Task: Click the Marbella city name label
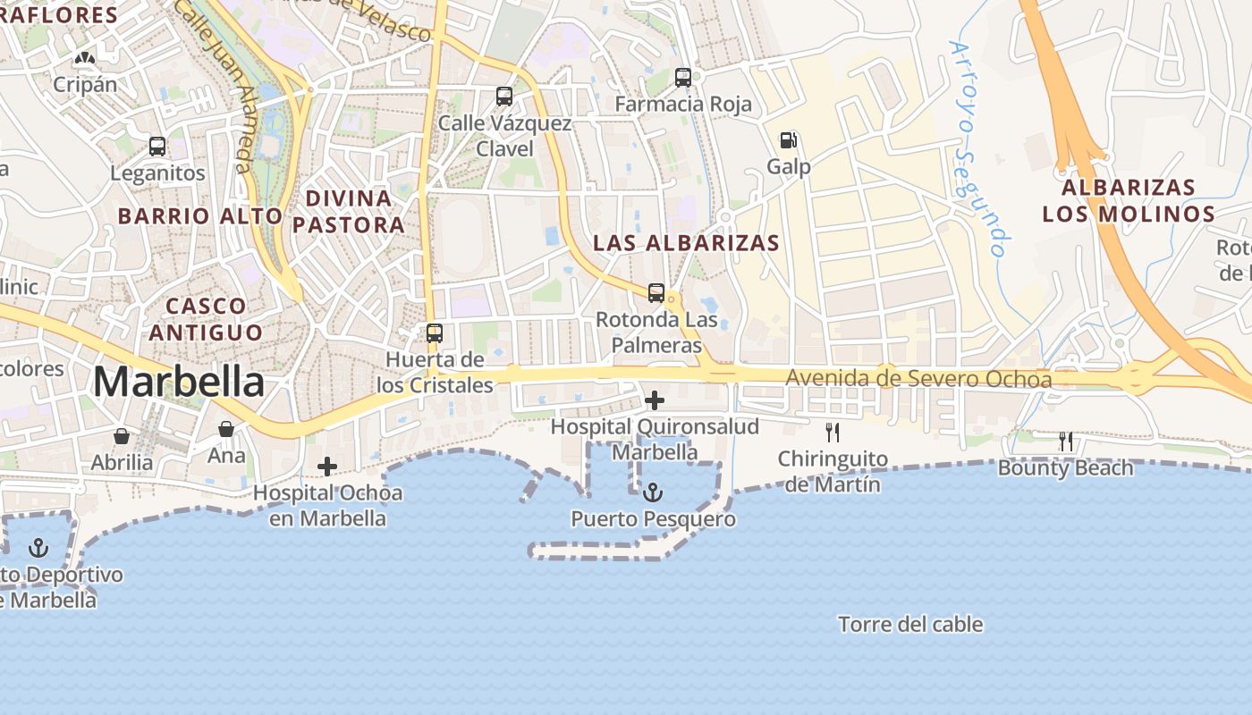pos(179,383)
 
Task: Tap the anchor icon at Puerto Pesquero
pos(654,492)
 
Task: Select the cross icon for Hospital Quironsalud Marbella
pos(655,400)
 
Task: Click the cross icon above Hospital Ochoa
pos(327,466)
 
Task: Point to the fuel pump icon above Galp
pos(788,140)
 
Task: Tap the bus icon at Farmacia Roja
pos(683,78)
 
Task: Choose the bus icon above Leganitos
pos(157,147)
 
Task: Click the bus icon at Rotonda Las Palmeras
pos(656,293)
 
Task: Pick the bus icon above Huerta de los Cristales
pos(435,333)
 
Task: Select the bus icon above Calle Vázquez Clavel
pos(504,97)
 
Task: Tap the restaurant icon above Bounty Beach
pos(1065,441)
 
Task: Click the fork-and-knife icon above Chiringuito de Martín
pos(833,433)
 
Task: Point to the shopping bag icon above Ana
pos(226,429)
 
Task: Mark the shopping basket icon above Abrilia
pos(122,436)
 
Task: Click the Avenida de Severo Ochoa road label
pos(918,379)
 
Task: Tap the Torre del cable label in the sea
pos(910,625)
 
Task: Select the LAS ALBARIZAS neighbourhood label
pos(686,243)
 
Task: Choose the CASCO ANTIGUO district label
pos(206,319)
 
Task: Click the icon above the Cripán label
pos(85,59)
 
